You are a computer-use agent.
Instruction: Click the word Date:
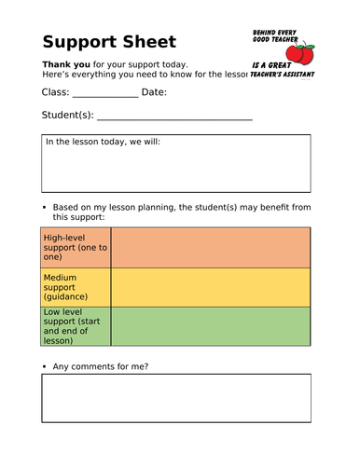(x=155, y=91)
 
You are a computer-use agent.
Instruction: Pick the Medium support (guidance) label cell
(x=76, y=287)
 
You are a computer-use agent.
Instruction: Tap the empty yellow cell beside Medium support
(x=211, y=287)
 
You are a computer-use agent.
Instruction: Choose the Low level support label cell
(x=76, y=326)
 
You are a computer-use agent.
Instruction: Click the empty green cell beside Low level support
(x=211, y=326)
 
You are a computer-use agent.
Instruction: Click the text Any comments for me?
(x=100, y=366)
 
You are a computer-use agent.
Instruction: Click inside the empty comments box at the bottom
(x=175, y=399)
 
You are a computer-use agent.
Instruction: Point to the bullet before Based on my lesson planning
(x=44, y=207)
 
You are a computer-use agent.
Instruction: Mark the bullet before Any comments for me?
(x=44, y=366)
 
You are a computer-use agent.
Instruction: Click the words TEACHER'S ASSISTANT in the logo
(x=283, y=74)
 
